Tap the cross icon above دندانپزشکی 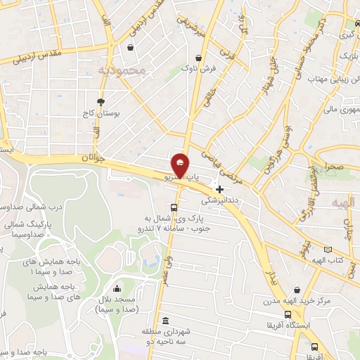pos(220,188)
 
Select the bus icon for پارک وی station pos(174,207)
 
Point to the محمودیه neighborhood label pos(122,70)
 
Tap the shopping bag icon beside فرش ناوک pos(199,58)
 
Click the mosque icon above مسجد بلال pos(116,288)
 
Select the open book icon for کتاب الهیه pos(327,249)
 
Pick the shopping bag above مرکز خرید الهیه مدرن pos(298,290)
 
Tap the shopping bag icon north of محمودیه pos(131,47)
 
